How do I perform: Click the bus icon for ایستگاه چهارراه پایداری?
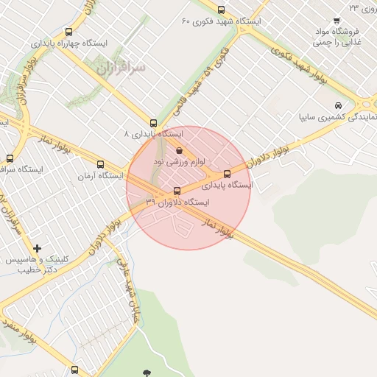point(68,32)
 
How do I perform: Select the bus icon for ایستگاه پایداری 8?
point(153,123)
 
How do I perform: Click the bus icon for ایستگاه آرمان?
point(101,165)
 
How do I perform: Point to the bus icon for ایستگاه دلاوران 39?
point(176,191)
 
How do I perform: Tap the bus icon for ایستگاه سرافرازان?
point(10,158)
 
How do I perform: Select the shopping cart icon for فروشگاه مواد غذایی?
point(337,21)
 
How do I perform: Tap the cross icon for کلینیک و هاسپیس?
point(37,248)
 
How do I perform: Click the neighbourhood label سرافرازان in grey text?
point(121,67)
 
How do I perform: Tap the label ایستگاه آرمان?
point(101,177)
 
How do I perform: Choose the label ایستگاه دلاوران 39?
point(177,202)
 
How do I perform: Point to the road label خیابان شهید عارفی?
point(127,277)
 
